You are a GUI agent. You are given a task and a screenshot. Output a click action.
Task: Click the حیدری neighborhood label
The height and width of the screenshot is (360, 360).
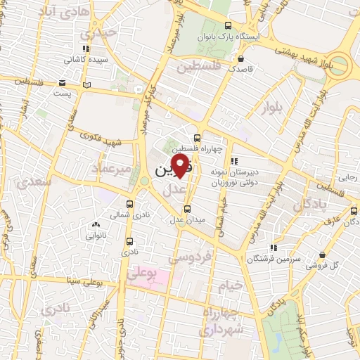coord(96,34)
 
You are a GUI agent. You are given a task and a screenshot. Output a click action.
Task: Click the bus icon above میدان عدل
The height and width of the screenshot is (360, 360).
coord(187,208)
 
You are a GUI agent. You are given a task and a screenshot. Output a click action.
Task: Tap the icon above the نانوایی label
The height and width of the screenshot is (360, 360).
coord(96,225)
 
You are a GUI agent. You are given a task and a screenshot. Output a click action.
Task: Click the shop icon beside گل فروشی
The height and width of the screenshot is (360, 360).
coord(322,255)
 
